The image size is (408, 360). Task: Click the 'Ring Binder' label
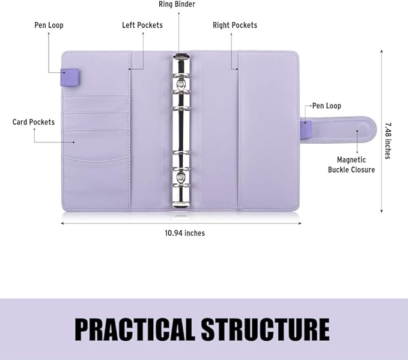[177, 4]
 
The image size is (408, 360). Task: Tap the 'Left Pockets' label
[142, 25]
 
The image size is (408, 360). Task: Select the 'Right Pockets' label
[235, 25]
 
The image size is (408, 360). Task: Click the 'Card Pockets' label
[34, 122]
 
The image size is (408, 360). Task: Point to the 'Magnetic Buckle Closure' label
[352, 165]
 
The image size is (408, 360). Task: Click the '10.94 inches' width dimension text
[184, 233]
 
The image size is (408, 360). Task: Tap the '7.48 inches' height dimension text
[388, 141]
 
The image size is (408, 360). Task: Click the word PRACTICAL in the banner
[135, 329]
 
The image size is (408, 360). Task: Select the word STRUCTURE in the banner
[265, 329]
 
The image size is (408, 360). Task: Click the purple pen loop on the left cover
[70, 78]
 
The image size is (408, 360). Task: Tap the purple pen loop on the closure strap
[306, 129]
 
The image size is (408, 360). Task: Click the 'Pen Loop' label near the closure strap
[326, 106]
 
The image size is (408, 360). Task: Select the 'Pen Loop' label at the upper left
[49, 25]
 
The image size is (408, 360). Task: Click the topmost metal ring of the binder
[181, 76]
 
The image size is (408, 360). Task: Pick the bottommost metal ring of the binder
[181, 185]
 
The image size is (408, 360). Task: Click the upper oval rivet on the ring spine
[181, 84]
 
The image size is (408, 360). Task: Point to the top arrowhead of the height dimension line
[382, 51]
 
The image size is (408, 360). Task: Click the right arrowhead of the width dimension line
[300, 223]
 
